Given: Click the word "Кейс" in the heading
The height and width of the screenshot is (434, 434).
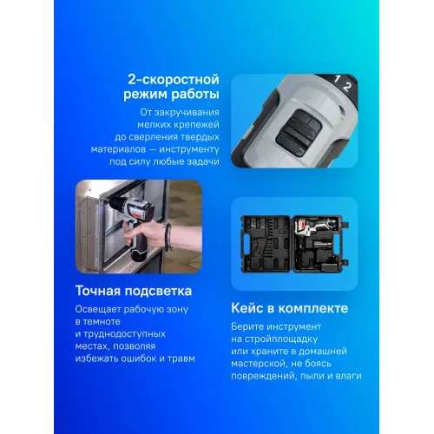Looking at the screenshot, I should pos(252,308).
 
